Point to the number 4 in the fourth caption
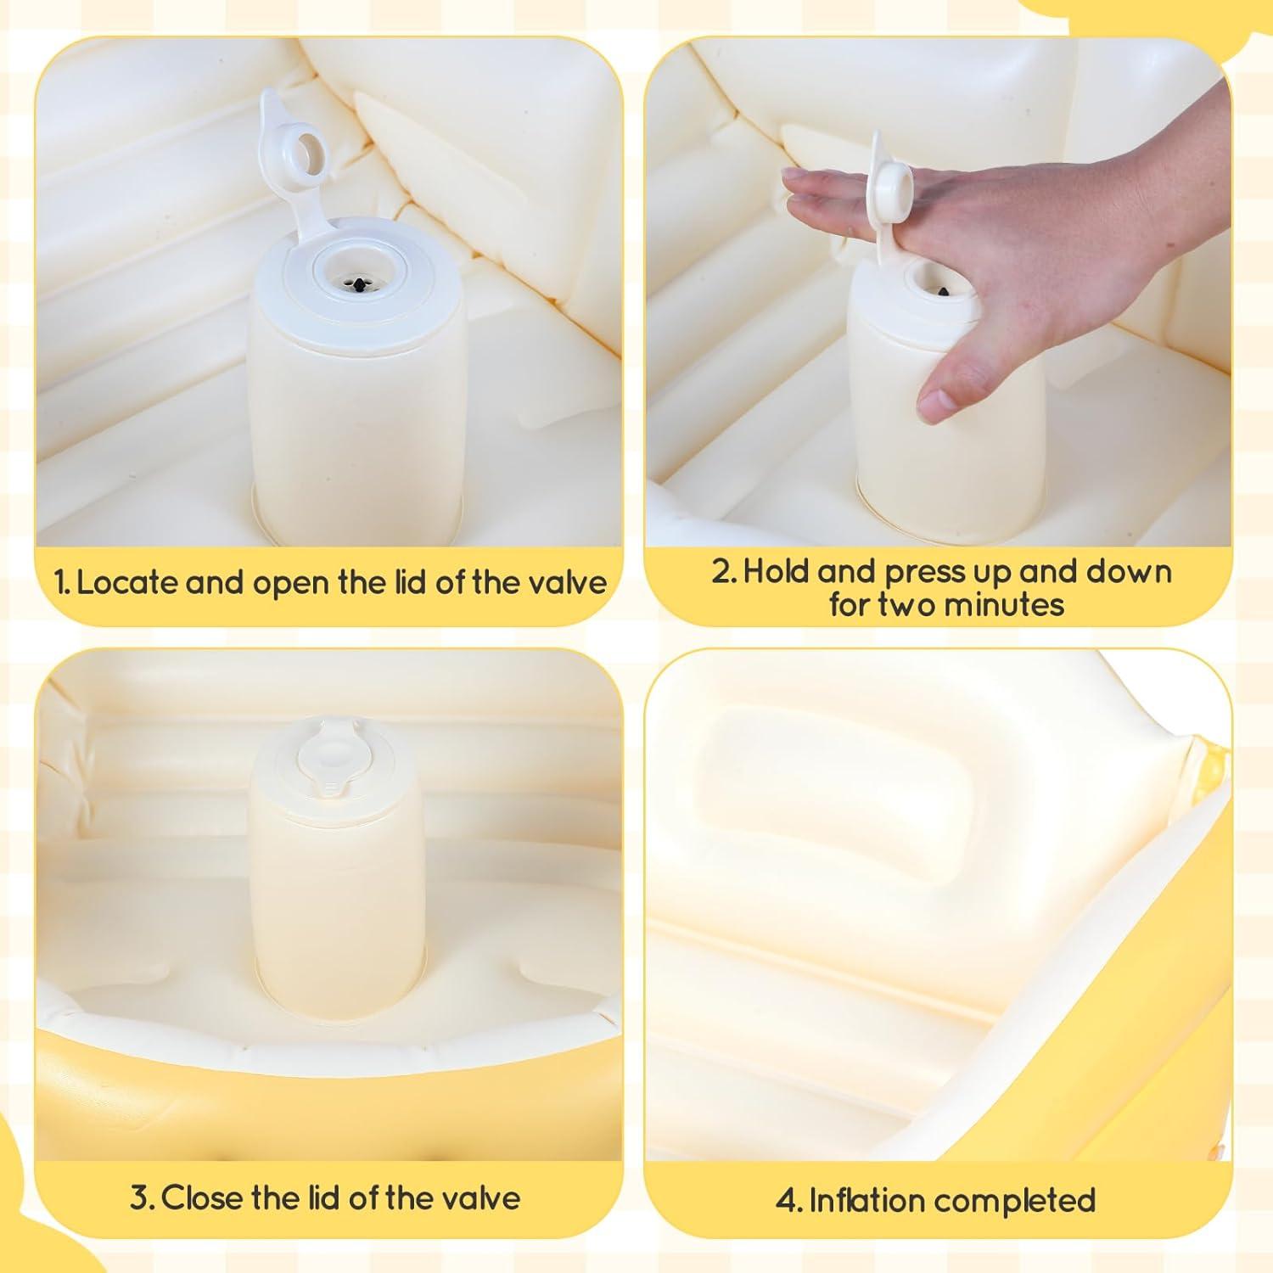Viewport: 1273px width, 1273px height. (785, 1201)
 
